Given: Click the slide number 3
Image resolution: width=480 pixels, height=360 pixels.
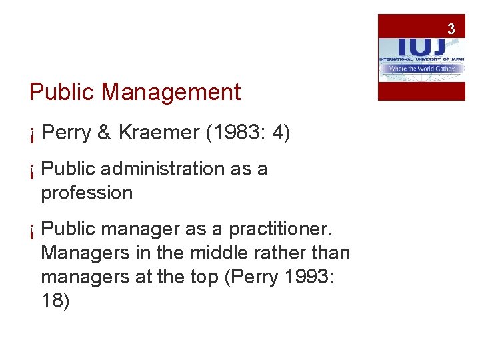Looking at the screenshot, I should pyautogui.click(x=451, y=29).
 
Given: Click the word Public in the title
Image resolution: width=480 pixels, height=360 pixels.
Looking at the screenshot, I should pyautogui.click(x=62, y=92).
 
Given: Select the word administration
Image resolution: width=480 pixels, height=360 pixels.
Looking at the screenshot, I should pyautogui.click(x=159, y=169).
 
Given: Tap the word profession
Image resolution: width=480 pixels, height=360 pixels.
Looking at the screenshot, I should pyautogui.click(x=87, y=193).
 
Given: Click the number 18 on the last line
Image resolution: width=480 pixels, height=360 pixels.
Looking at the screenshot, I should pyautogui.click(x=54, y=302).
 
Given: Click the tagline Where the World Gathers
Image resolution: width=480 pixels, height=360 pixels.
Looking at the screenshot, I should pyautogui.click(x=421, y=69).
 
